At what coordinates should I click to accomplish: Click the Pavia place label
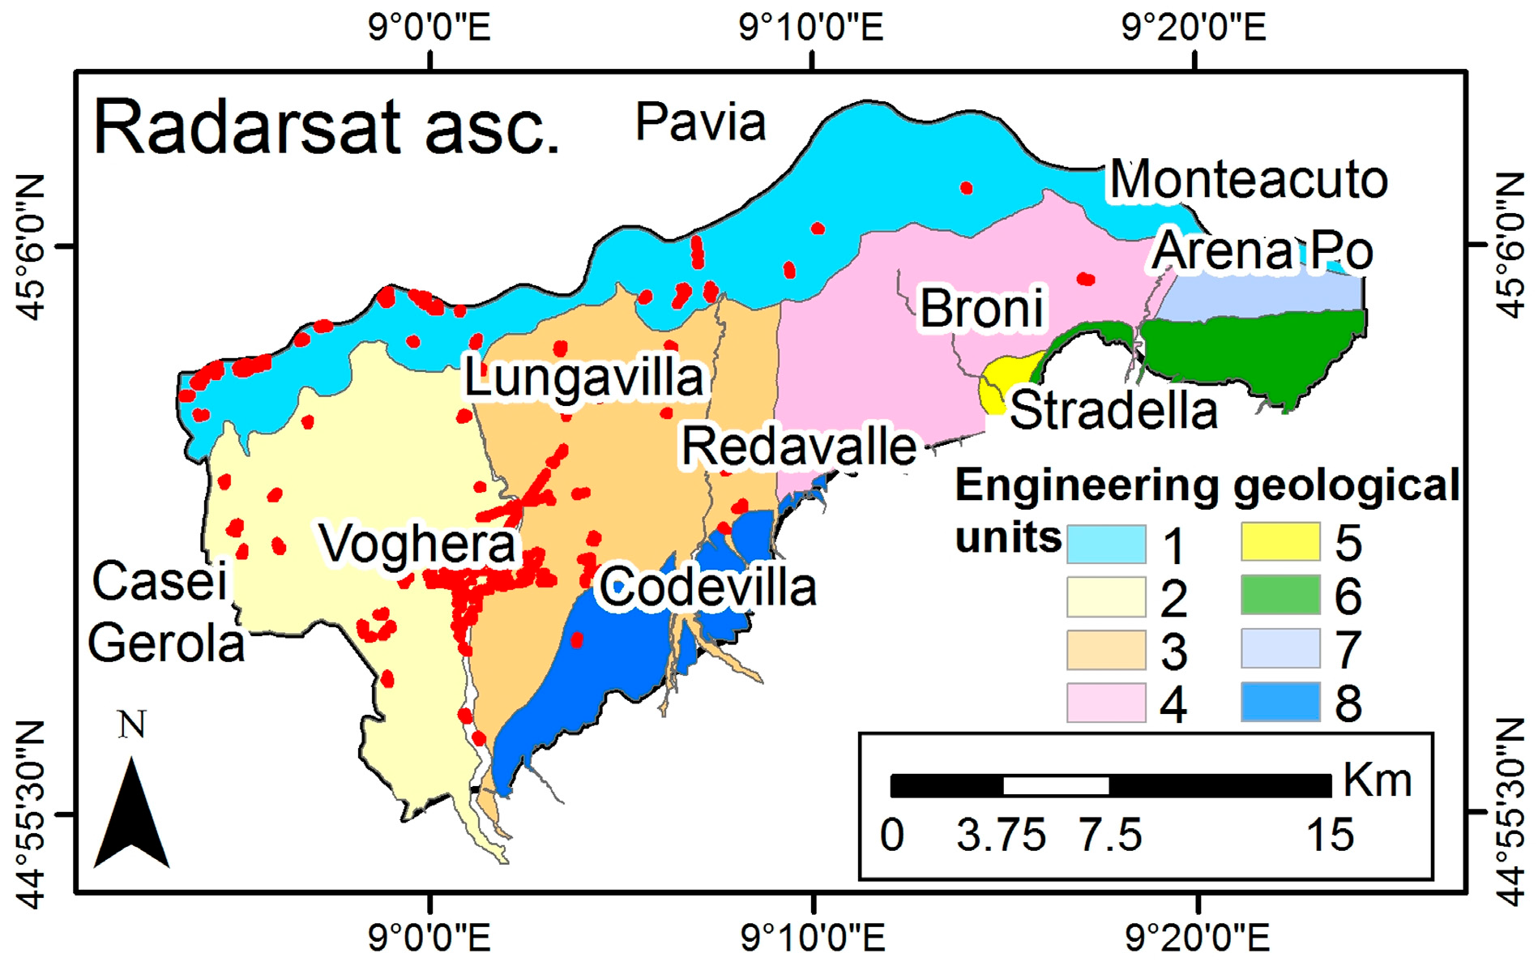coord(700,123)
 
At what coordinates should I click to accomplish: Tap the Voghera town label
coord(417,544)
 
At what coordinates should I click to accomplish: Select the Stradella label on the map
coord(1113,410)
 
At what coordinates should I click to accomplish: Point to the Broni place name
coord(981,309)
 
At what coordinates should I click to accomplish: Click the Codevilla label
coord(707,588)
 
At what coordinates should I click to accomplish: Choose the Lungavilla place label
coord(583,378)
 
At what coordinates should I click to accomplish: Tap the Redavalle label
coord(798,447)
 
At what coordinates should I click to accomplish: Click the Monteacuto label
coord(1248,179)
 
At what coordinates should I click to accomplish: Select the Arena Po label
coord(1262,250)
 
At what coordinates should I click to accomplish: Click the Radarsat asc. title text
coord(327,127)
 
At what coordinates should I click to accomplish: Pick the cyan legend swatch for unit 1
coord(1106,544)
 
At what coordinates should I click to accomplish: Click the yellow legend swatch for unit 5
coord(1280,541)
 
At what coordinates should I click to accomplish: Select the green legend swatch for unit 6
coord(1280,596)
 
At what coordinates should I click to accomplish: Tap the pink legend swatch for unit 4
coord(1106,703)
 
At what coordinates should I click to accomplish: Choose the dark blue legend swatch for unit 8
coord(1280,702)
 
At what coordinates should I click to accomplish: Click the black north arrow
coord(131,814)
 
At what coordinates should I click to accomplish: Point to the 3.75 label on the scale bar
coord(1001,836)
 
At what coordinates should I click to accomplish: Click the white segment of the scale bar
coord(1056,785)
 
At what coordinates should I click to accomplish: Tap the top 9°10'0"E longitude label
coord(811,28)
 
